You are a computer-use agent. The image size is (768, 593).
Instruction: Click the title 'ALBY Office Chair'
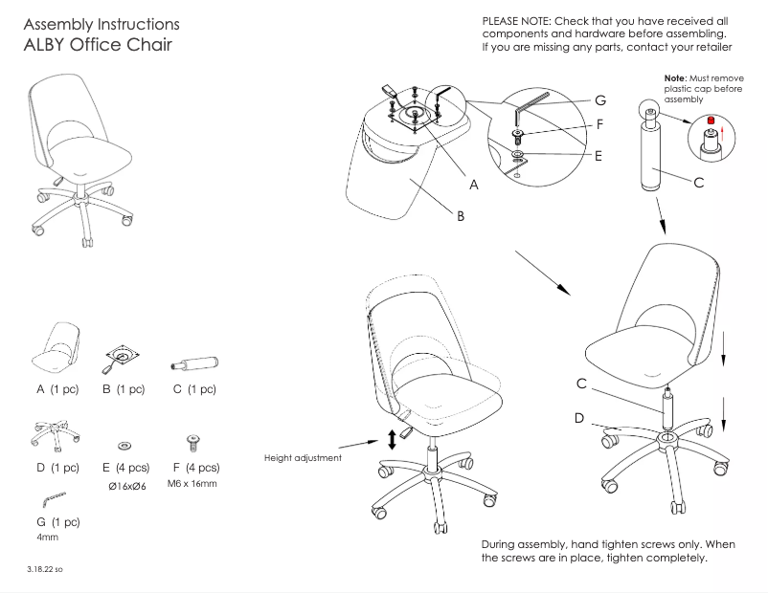[99, 45]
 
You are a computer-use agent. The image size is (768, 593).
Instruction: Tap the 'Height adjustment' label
[303, 458]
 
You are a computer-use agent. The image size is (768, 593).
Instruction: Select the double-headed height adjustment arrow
[391, 440]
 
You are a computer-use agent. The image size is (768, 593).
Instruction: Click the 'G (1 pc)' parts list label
[56, 522]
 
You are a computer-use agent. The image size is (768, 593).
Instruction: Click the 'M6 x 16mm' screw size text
[192, 483]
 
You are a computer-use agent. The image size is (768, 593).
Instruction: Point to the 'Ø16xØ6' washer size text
[124, 486]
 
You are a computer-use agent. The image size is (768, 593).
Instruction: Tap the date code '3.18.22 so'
[45, 569]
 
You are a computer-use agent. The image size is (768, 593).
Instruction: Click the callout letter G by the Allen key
[599, 99]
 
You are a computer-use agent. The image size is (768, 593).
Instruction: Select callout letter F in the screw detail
[599, 124]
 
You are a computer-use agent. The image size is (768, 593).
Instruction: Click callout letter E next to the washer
[598, 156]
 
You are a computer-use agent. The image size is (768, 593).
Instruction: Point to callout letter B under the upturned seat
[461, 217]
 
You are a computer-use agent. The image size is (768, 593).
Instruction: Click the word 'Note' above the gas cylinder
[674, 77]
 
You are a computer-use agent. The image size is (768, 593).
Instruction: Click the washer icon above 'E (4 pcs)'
[124, 447]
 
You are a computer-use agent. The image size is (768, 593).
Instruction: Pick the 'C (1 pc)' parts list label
[194, 389]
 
